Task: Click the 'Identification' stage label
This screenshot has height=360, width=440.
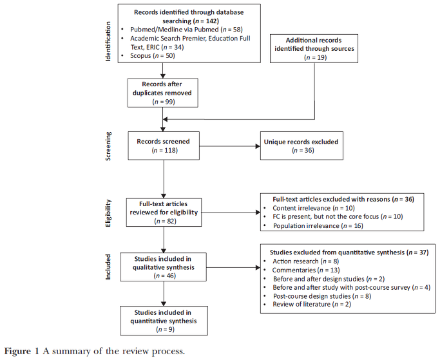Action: pyautogui.click(x=108, y=41)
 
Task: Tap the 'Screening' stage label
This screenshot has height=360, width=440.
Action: pyautogui.click(x=108, y=146)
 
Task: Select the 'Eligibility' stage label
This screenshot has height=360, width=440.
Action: pyautogui.click(x=108, y=213)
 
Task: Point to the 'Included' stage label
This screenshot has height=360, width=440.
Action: pyautogui.click(x=108, y=267)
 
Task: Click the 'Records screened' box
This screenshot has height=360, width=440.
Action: pyautogui.click(x=164, y=146)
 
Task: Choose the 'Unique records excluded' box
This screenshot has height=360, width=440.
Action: pyautogui.click(x=301, y=146)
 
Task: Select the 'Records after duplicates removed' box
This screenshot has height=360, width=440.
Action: pyautogui.click(x=163, y=93)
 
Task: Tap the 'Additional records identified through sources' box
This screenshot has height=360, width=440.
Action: pyautogui.click(x=314, y=48)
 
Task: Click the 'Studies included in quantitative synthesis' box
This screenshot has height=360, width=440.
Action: pyautogui.click(x=164, y=321)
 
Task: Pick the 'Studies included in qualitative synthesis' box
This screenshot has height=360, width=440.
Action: pyautogui.click(x=164, y=267)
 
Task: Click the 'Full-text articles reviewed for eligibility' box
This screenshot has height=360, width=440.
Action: pyautogui.click(x=164, y=213)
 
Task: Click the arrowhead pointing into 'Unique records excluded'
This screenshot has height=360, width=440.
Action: pyautogui.click(x=258, y=146)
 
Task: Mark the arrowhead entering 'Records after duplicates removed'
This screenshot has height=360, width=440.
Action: pyautogui.click(x=163, y=76)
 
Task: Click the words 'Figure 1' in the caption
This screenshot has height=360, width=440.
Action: pyautogui.click(x=22, y=351)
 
